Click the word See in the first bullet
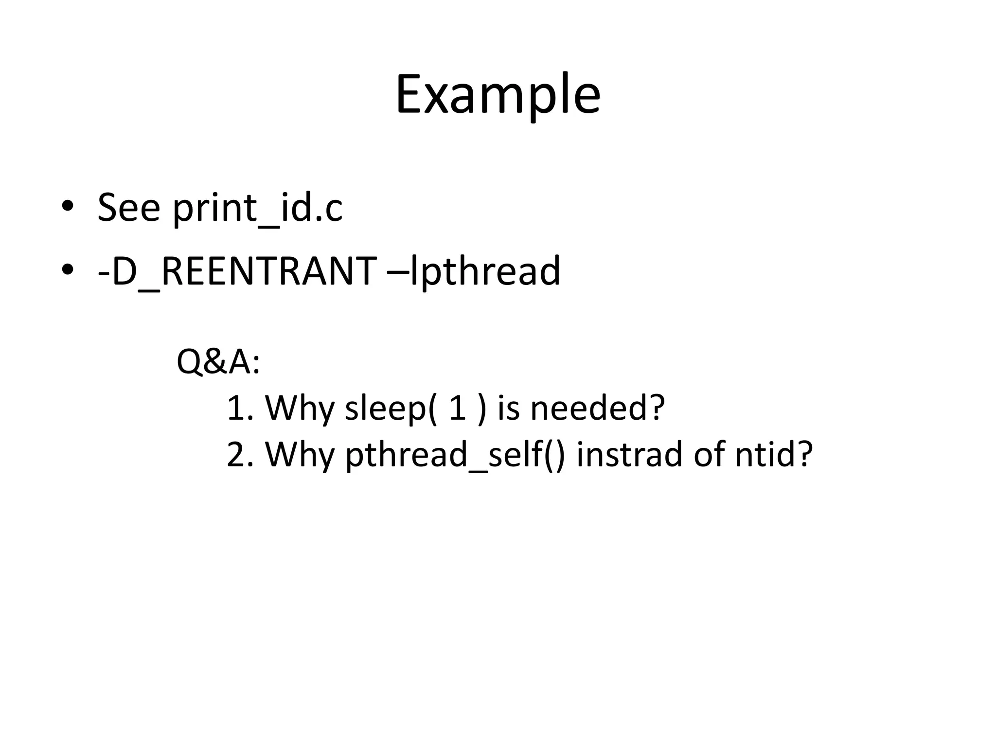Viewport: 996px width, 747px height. (128, 208)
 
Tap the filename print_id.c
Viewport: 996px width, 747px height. (258, 208)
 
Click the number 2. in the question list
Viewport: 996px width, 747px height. (240, 454)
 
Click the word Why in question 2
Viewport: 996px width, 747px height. (300, 454)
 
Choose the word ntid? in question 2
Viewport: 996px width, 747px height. (774, 454)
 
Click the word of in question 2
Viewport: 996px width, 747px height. (710, 454)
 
